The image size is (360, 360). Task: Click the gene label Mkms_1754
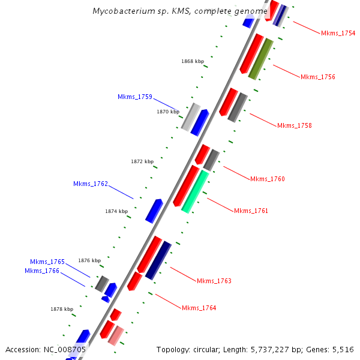[x=338, y=33]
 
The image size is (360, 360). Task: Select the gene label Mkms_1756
[x=317, y=77]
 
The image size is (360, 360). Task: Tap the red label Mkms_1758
[x=294, y=125]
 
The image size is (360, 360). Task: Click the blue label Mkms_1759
[x=135, y=97]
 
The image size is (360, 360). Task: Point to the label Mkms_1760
[x=267, y=179]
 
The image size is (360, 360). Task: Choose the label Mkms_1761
[x=251, y=211]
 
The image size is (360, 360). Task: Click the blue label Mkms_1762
[x=91, y=184]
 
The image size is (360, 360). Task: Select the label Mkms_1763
[x=214, y=281]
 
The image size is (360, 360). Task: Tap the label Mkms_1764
[x=199, y=308]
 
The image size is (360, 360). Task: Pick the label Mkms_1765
[x=47, y=262]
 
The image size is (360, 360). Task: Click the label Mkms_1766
[x=42, y=271]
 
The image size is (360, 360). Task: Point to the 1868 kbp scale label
[x=193, y=61]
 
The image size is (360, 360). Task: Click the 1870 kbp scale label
[x=168, y=112]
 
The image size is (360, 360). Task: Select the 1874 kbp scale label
[x=116, y=211]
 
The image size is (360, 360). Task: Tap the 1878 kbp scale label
[x=62, y=309]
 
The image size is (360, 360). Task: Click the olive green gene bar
[x=261, y=59]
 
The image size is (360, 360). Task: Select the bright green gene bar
[x=195, y=191]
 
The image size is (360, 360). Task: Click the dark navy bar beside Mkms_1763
[x=158, y=260]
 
